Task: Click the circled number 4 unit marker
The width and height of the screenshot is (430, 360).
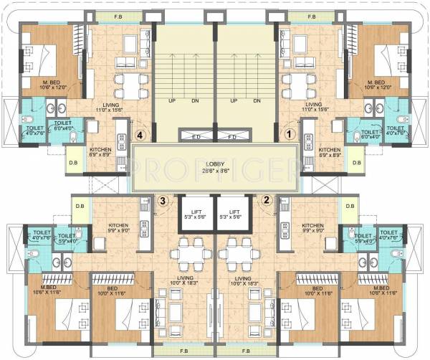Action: (141, 133)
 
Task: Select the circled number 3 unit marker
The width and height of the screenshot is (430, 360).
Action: (164, 201)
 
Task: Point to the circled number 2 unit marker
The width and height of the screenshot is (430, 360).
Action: (266, 201)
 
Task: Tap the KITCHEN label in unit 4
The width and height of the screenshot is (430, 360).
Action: (101, 149)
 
